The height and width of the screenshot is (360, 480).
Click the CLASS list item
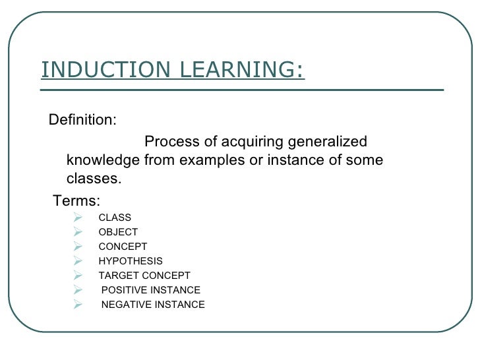click(115, 218)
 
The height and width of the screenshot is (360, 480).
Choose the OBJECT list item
click(118, 232)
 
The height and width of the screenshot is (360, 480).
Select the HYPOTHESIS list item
click(131, 261)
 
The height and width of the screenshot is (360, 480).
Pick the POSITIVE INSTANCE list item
click(151, 290)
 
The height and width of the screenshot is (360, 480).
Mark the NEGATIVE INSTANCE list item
click(153, 305)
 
